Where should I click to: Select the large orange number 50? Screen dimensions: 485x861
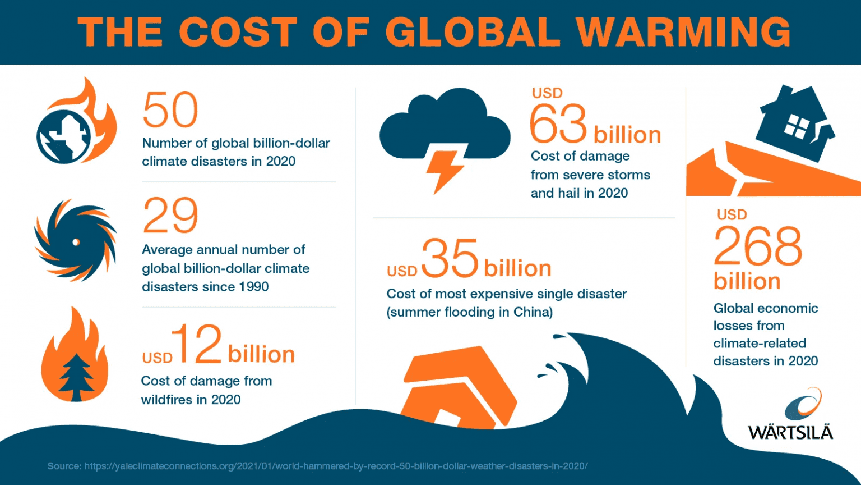(x=170, y=110)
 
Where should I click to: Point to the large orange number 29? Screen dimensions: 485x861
(x=170, y=216)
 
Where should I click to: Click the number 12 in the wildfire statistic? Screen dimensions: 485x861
(x=197, y=344)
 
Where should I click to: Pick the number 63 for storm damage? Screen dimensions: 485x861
(x=559, y=124)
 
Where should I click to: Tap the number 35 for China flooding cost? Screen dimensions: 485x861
(x=450, y=259)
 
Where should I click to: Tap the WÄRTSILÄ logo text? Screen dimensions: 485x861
(x=790, y=432)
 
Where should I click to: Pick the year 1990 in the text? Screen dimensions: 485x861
(x=254, y=287)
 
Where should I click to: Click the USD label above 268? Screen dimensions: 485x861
(x=732, y=215)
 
